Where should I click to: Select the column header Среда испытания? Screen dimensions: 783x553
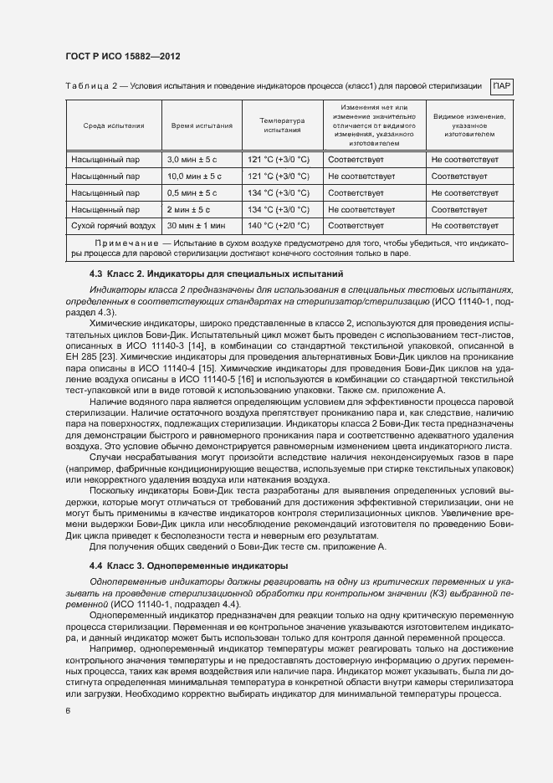coord(114,125)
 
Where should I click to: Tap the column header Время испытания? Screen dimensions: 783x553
coord(202,125)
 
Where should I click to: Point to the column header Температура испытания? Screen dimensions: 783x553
coord(282,125)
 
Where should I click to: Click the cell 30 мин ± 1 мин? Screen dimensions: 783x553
coord(197,226)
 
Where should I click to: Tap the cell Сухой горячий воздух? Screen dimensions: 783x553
coord(114,226)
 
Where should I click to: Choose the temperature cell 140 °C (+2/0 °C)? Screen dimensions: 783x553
coord(279,226)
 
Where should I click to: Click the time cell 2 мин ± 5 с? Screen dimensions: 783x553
coord(189,210)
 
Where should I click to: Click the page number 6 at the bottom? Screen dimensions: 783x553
coord(67,710)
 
